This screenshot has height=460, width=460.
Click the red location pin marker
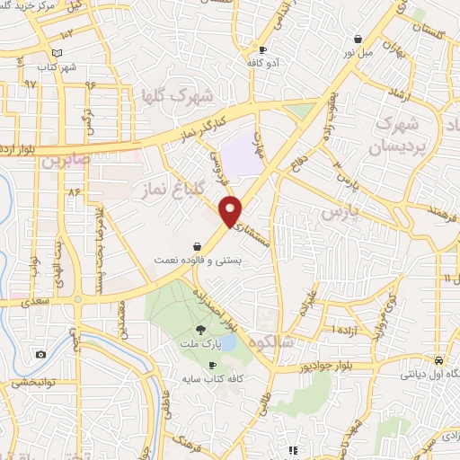[231, 210]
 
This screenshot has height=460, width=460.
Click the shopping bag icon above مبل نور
[359, 40]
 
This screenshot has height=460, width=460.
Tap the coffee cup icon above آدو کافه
[262, 50]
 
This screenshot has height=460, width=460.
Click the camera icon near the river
[40, 354]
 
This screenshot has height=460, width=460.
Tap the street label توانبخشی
[33, 383]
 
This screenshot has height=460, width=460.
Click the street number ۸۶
[73, 191]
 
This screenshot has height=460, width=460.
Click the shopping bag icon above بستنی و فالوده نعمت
[197, 246]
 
